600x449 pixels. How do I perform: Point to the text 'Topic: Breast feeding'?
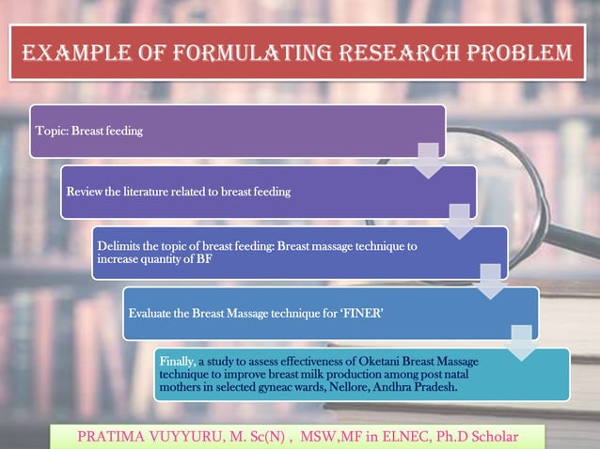87,132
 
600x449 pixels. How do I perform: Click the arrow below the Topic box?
429,160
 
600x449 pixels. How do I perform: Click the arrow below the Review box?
460,221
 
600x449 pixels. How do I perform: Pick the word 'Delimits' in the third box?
120,246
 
